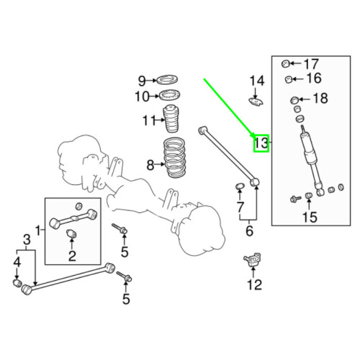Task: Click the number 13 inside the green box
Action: coord(260,144)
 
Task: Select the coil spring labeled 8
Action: coord(174,158)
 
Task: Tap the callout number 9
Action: coord(142,80)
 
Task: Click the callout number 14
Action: coord(257,80)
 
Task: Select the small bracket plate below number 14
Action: coord(256,101)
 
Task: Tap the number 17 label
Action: coord(310,63)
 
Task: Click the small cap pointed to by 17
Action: coord(285,63)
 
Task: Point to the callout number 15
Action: coord(309,216)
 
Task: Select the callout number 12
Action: coord(254,284)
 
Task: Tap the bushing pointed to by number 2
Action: coord(72,235)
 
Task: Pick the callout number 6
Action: coord(249,231)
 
